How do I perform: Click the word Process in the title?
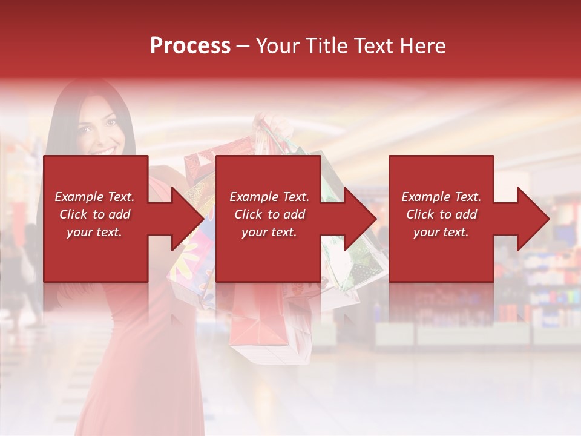click(x=190, y=46)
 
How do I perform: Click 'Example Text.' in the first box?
click(x=94, y=197)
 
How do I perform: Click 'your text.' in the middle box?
click(x=269, y=232)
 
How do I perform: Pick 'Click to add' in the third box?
click(x=441, y=214)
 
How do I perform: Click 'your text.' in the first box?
click(x=94, y=232)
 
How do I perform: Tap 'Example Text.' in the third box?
click(x=441, y=197)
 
